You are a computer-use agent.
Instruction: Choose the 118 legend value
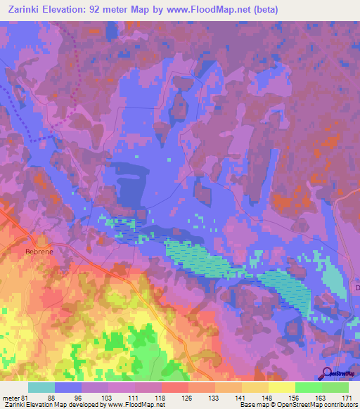161,398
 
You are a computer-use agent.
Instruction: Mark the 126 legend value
188,398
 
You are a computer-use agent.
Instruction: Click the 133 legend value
214,398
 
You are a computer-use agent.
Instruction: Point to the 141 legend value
241,398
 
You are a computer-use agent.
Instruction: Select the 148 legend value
268,398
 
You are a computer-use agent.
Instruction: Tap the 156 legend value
295,398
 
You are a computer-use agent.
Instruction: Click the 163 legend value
321,398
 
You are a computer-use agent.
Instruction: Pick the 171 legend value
348,398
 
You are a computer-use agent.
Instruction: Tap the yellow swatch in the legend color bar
281,387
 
